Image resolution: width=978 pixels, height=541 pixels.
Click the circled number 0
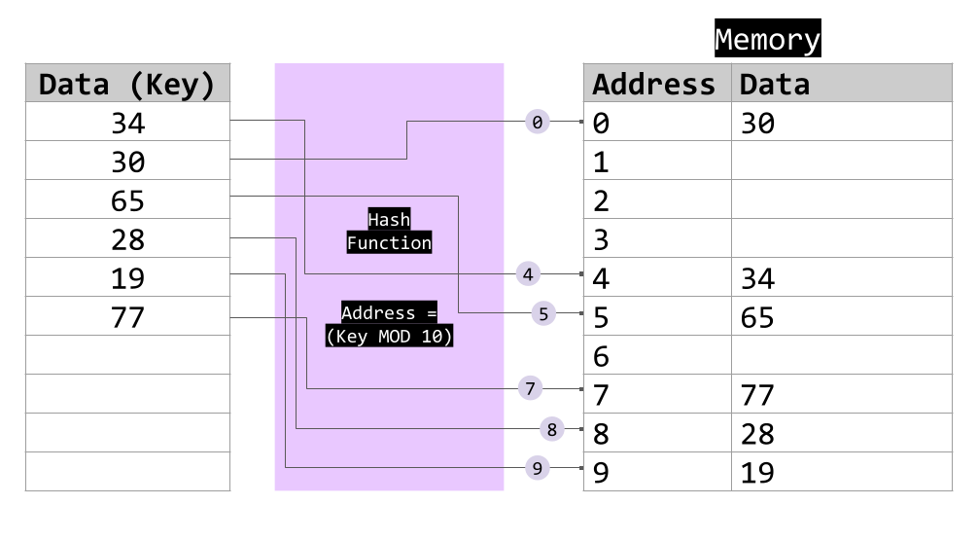[537, 122]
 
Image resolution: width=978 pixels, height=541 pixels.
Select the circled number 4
[528, 274]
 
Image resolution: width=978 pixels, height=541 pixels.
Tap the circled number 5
[543, 313]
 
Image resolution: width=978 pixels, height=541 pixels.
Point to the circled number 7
[530, 389]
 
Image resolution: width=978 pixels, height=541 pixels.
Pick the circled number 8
[551, 429]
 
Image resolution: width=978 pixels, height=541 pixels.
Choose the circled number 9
[537, 468]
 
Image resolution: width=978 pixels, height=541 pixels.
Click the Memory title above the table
[767, 40]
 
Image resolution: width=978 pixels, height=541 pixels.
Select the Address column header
[653, 84]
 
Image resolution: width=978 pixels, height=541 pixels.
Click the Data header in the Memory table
[774, 84]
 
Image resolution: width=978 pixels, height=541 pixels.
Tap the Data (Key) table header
[127, 84]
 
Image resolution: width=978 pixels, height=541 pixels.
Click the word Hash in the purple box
[389, 220]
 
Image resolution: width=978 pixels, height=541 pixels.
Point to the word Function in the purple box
[389, 243]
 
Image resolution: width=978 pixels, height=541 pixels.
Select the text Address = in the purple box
[389, 313]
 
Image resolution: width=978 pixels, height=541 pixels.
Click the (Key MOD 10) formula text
[389, 337]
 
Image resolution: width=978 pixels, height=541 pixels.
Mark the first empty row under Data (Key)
[127, 122]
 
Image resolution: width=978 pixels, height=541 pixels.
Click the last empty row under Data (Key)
[127, 471]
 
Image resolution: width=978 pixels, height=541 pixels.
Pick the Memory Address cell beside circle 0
[657, 122]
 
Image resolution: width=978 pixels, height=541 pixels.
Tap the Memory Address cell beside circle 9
[657, 471]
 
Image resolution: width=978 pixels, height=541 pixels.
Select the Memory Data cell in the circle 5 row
[841, 315]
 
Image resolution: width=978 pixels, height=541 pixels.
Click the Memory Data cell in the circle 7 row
[841, 393]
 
